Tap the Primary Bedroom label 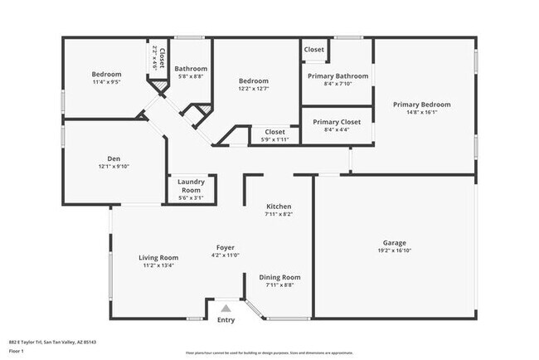click(422, 105)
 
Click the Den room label click(114, 158)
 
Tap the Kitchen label click(279, 206)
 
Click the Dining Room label click(279, 277)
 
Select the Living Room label click(158, 258)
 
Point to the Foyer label click(225, 247)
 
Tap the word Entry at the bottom click(226, 320)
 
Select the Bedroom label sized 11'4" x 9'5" click(106, 74)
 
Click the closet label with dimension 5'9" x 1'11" click(274, 131)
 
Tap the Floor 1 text click(17, 351)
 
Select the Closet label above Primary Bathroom click(314, 50)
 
